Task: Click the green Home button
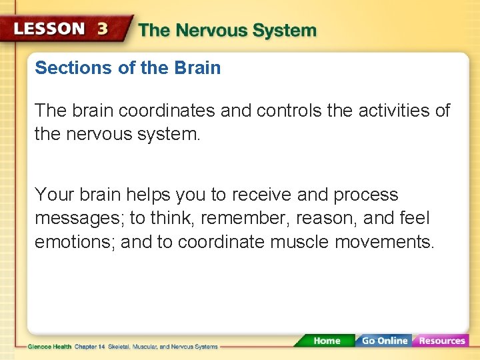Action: tap(327, 341)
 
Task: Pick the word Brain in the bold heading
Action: tap(199, 68)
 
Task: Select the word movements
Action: tap(384, 241)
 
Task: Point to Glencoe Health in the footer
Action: tap(50, 347)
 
